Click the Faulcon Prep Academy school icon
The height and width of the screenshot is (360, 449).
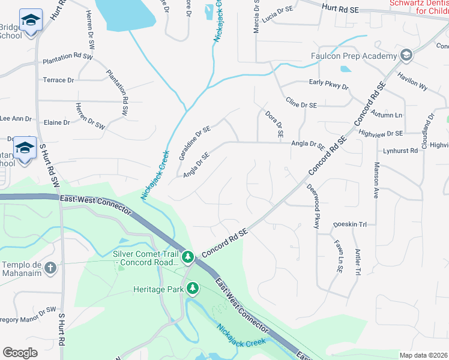click(x=406, y=56)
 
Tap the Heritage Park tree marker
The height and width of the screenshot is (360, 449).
click(x=193, y=289)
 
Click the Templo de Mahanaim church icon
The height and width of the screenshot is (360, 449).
click(x=51, y=268)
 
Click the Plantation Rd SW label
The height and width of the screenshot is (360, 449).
click(x=67, y=59)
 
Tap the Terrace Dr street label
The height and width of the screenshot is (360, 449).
click(x=58, y=80)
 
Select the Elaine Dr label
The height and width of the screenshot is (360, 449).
click(x=58, y=122)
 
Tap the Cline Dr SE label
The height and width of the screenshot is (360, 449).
click(x=301, y=104)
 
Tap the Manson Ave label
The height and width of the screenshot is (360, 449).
click(x=377, y=180)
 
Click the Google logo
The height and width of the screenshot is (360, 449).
click(x=20, y=352)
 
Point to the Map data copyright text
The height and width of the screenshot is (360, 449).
click(x=424, y=355)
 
